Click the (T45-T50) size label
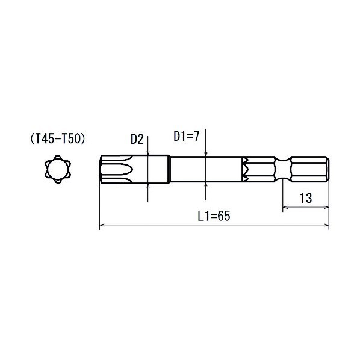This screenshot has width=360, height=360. (x=58, y=139)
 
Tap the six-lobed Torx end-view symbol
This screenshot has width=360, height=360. (x=58, y=169)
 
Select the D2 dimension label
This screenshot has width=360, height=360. (x=137, y=139)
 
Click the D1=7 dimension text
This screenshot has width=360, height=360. (x=186, y=136)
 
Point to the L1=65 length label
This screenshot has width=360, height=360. (x=214, y=216)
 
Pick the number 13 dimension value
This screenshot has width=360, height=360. (x=306, y=198)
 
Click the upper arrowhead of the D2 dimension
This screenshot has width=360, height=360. (x=148, y=152)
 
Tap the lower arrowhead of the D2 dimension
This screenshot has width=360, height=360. (x=148, y=187)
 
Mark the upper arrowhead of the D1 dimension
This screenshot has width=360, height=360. (x=206, y=154)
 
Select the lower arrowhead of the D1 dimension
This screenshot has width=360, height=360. (x=206, y=185)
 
